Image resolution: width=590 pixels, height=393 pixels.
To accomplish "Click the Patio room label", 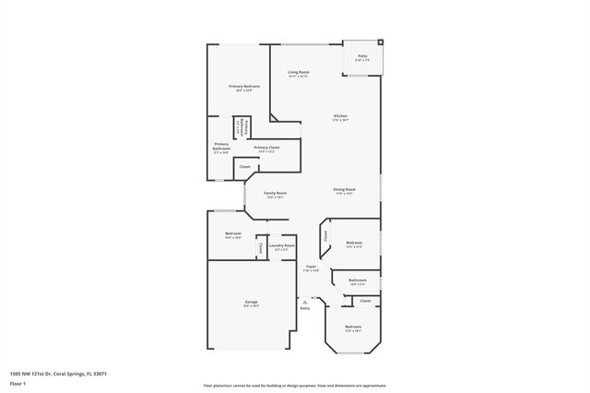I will tap(362, 56).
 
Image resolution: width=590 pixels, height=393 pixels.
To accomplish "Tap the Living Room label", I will tap(298, 72).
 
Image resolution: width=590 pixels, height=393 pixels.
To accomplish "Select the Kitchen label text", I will tap(341, 116).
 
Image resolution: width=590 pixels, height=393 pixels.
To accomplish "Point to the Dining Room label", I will tap(345, 190).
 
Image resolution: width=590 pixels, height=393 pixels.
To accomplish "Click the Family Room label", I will tap(275, 193).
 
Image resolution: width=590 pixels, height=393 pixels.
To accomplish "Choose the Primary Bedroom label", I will tap(244, 87).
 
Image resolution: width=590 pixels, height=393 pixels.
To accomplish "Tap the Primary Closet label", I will tap(267, 148).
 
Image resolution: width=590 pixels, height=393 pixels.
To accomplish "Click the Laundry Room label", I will tap(281, 245).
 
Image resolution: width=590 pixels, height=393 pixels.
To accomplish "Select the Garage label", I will tap(250, 303).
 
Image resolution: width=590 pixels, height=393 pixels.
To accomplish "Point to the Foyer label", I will tap(312, 268).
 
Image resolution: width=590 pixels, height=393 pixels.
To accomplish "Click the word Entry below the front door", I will tap(305, 308).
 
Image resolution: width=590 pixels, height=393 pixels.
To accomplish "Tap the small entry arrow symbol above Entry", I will tap(305, 301).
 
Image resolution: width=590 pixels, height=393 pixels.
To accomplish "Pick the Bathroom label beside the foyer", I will tap(357, 280).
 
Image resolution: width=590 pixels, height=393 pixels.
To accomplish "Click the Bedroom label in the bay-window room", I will tap(353, 327).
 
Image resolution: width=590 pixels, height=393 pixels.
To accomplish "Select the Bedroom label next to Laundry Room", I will tap(233, 234).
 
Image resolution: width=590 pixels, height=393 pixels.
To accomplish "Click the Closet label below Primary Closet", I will tap(244, 167).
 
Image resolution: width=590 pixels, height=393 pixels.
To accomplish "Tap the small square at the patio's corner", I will tap(381, 42).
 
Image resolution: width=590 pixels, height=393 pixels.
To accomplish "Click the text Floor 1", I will tap(18, 382).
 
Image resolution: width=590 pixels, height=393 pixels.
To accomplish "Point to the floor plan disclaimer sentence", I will tap(295, 386).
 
